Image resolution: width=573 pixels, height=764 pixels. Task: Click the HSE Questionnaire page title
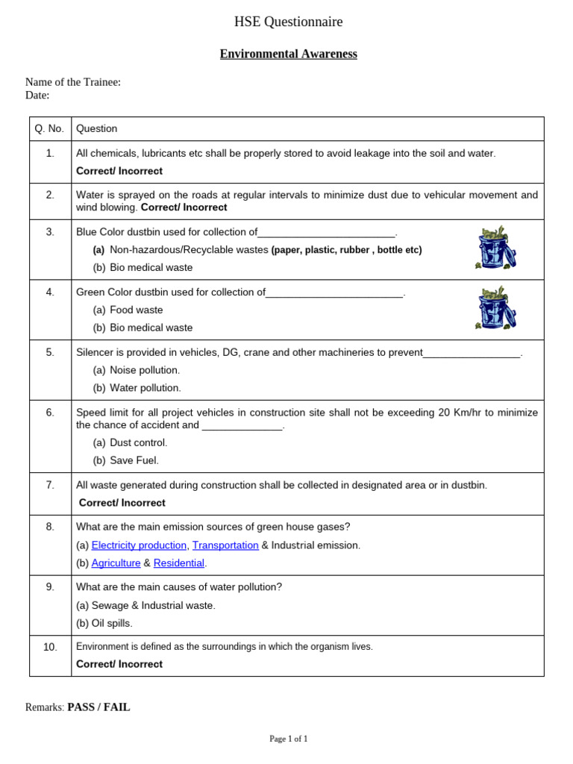(x=288, y=22)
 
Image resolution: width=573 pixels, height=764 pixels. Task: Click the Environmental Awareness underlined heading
(x=288, y=54)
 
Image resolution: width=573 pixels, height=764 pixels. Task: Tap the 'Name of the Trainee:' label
(x=73, y=82)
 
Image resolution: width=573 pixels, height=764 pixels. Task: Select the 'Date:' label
(x=37, y=95)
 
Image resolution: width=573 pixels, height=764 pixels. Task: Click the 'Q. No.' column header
(x=50, y=128)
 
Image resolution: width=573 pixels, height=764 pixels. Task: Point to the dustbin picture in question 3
(x=495, y=248)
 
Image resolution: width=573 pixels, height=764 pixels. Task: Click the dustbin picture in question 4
(x=495, y=308)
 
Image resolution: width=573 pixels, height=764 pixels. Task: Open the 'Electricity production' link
(x=139, y=545)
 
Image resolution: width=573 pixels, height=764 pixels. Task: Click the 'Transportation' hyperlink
(x=225, y=545)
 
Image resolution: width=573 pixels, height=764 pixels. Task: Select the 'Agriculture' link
(x=116, y=563)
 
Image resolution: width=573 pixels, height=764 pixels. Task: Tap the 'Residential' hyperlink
(x=178, y=563)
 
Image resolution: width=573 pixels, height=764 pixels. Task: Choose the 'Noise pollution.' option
(x=145, y=370)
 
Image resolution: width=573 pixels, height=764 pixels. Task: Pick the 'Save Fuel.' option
(x=134, y=460)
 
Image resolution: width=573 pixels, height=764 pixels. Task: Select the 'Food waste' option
(x=136, y=310)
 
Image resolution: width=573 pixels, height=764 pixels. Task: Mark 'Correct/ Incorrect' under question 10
(x=119, y=664)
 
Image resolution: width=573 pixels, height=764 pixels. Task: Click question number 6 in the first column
(x=50, y=413)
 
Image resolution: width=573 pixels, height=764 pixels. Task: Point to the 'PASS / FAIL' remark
(x=98, y=707)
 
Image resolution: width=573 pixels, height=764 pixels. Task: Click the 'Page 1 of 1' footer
(x=288, y=739)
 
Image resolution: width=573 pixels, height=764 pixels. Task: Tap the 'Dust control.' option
(x=138, y=442)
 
